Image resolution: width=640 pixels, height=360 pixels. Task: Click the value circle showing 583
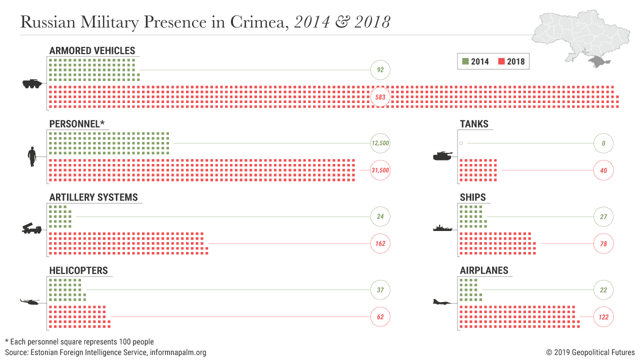pyautogui.click(x=380, y=97)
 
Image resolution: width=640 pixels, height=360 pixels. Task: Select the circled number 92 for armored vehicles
pyautogui.click(x=380, y=70)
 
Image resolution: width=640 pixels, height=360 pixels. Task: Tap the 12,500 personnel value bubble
pyautogui.click(x=380, y=143)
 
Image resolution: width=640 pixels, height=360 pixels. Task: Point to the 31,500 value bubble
pyautogui.click(x=380, y=170)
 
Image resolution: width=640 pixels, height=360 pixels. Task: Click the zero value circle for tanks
pyautogui.click(x=603, y=143)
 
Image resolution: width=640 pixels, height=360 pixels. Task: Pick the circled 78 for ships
pyautogui.click(x=603, y=244)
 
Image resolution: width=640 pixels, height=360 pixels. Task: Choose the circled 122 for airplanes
pyautogui.click(x=603, y=317)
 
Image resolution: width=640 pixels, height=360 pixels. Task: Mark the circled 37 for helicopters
pyautogui.click(x=380, y=290)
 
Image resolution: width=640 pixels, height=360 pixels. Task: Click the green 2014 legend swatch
pyautogui.click(x=465, y=61)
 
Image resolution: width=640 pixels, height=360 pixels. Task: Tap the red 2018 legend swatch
pyautogui.click(x=501, y=61)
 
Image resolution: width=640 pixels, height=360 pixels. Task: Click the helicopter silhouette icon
pyautogui.click(x=29, y=301)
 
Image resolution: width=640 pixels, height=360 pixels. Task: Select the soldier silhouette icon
pyautogui.click(x=31, y=156)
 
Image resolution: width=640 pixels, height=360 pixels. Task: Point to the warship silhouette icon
pyautogui.click(x=442, y=228)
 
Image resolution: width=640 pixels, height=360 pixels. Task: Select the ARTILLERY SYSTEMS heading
pyautogui.click(x=93, y=197)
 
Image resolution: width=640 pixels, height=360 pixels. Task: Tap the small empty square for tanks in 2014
pyautogui.click(x=461, y=143)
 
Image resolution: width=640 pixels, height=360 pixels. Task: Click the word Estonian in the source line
pyautogui.click(x=45, y=352)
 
